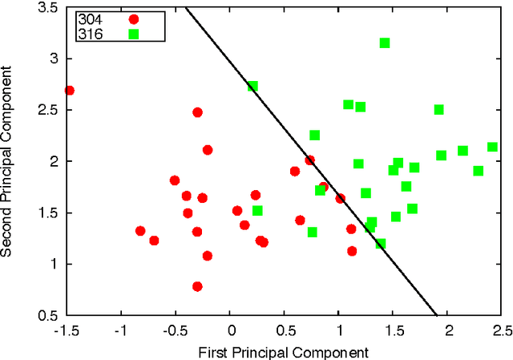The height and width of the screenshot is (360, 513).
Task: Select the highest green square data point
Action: click(x=385, y=42)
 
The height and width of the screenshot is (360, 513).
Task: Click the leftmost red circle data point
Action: click(x=69, y=91)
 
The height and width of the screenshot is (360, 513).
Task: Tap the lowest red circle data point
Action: click(x=197, y=286)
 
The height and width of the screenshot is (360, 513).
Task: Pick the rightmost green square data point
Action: click(x=492, y=147)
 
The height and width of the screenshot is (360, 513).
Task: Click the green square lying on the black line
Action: click(x=252, y=86)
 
